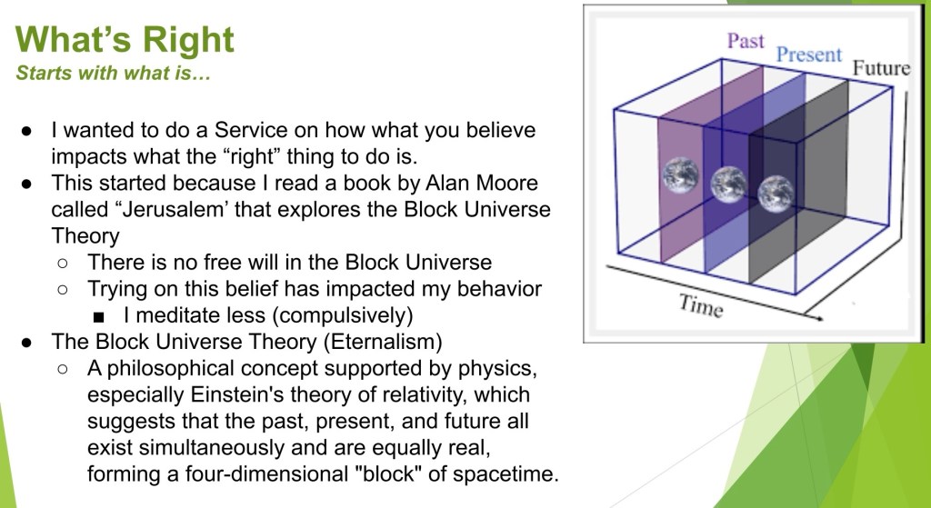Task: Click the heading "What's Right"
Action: tap(125, 39)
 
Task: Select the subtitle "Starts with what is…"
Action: tap(114, 74)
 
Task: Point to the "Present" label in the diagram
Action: tap(809, 55)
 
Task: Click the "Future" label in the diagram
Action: tap(881, 68)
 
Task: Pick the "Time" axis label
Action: tap(701, 305)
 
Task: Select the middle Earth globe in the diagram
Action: tap(728, 185)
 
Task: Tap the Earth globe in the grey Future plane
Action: tap(776, 194)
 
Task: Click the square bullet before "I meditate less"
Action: tap(99, 317)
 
